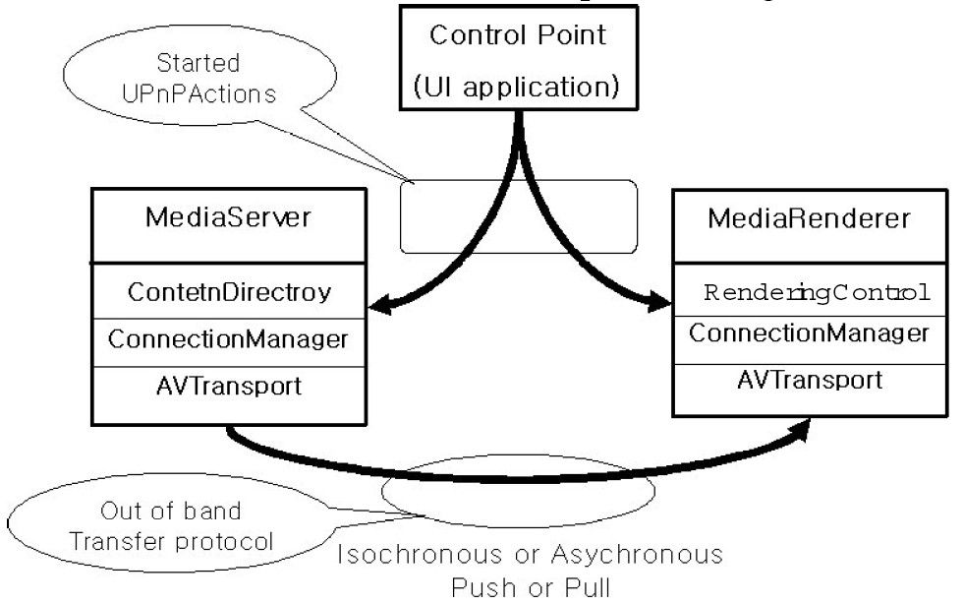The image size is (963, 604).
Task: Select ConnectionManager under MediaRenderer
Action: tap(809, 332)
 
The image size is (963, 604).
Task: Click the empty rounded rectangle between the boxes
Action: tap(519, 215)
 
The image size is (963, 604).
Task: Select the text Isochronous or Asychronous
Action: tap(530, 554)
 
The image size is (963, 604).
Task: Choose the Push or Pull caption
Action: tap(531, 588)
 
